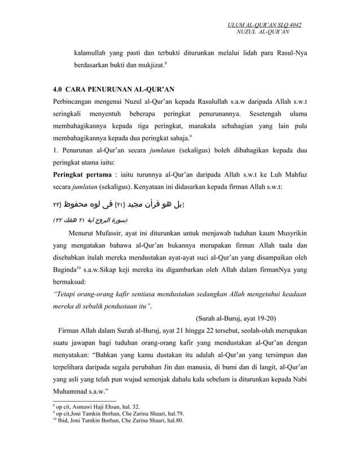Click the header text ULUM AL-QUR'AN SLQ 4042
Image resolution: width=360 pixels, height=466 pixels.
[264, 25]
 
